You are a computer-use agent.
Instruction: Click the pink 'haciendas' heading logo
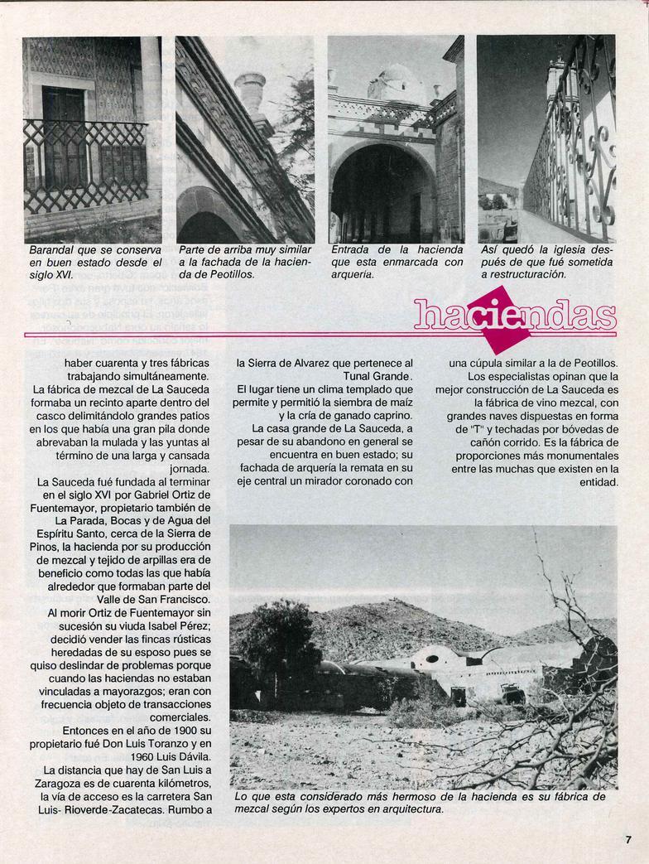point(515,316)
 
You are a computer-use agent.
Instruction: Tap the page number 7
point(628,837)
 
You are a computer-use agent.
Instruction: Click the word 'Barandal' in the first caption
point(52,249)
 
